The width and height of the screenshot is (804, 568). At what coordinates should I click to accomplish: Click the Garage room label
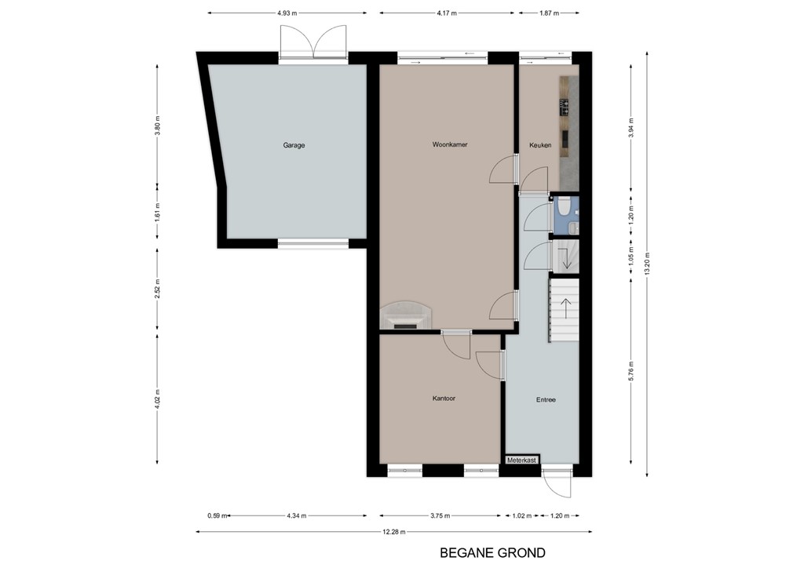[x=294, y=145]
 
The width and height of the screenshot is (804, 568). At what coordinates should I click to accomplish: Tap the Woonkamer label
[x=449, y=144]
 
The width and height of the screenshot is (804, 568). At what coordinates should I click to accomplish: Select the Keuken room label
[x=540, y=145]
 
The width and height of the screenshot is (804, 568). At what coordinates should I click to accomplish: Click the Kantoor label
[x=444, y=399]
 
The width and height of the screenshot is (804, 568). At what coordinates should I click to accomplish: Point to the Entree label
[x=546, y=399]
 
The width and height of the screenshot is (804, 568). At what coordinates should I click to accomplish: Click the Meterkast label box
[x=521, y=461]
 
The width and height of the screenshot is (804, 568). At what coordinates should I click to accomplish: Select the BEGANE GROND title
[x=492, y=553]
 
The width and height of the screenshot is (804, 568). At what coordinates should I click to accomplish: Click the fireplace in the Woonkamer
[x=405, y=315]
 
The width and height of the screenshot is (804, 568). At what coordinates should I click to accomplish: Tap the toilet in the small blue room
[x=563, y=208]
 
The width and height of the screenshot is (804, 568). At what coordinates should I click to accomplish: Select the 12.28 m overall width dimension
[x=395, y=533]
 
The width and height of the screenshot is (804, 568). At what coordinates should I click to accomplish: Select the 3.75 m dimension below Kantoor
[x=440, y=515]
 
